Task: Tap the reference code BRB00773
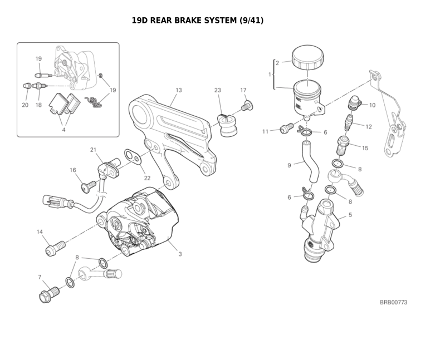click(x=393, y=302)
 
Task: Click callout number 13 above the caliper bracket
click(x=178, y=90)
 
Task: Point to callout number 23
click(x=217, y=90)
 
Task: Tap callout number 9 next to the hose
click(x=289, y=165)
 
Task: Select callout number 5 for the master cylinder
click(x=350, y=215)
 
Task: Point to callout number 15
click(x=365, y=148)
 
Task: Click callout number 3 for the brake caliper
click(x=180, y=254)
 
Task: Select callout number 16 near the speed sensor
click(x=73, y=170)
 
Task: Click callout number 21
click(x=93, y=149)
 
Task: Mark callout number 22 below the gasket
click(x=147, y=178)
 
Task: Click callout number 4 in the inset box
click(x=63, y=130)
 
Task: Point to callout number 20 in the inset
click(x=25, y=105)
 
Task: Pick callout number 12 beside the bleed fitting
click(x=368, y=127)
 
